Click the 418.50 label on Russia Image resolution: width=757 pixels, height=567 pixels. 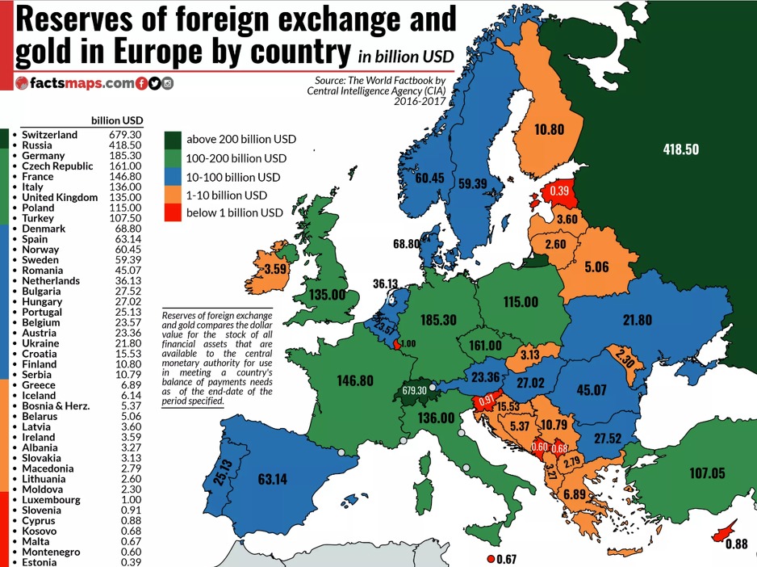[680, 149]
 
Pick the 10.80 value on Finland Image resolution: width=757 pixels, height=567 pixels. [549, 129]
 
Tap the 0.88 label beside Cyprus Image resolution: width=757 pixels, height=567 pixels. [736, 544]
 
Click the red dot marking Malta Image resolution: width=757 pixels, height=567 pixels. [491, 559]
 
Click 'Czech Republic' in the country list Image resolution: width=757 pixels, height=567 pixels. [57, 166]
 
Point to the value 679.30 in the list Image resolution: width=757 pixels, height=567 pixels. [125, 135]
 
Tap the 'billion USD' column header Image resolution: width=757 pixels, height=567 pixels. [117, 120]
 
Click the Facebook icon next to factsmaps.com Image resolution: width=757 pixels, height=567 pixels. [142, 83]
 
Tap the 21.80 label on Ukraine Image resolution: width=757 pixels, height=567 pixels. [637, 320]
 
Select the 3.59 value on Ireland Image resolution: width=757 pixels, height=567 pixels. [276, 269]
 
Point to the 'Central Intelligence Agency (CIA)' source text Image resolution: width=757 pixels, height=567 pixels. [376, 91]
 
